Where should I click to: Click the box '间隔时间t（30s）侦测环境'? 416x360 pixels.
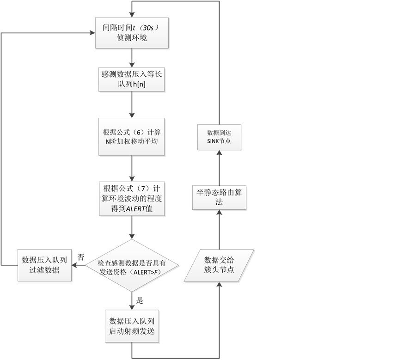133,33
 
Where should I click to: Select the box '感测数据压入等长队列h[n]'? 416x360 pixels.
133,79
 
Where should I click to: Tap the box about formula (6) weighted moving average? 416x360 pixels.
133,137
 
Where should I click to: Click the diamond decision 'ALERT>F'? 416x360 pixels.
133,265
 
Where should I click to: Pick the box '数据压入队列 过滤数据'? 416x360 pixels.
45,265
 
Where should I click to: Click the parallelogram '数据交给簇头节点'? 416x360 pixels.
220,265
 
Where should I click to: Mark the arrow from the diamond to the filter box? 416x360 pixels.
79,265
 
